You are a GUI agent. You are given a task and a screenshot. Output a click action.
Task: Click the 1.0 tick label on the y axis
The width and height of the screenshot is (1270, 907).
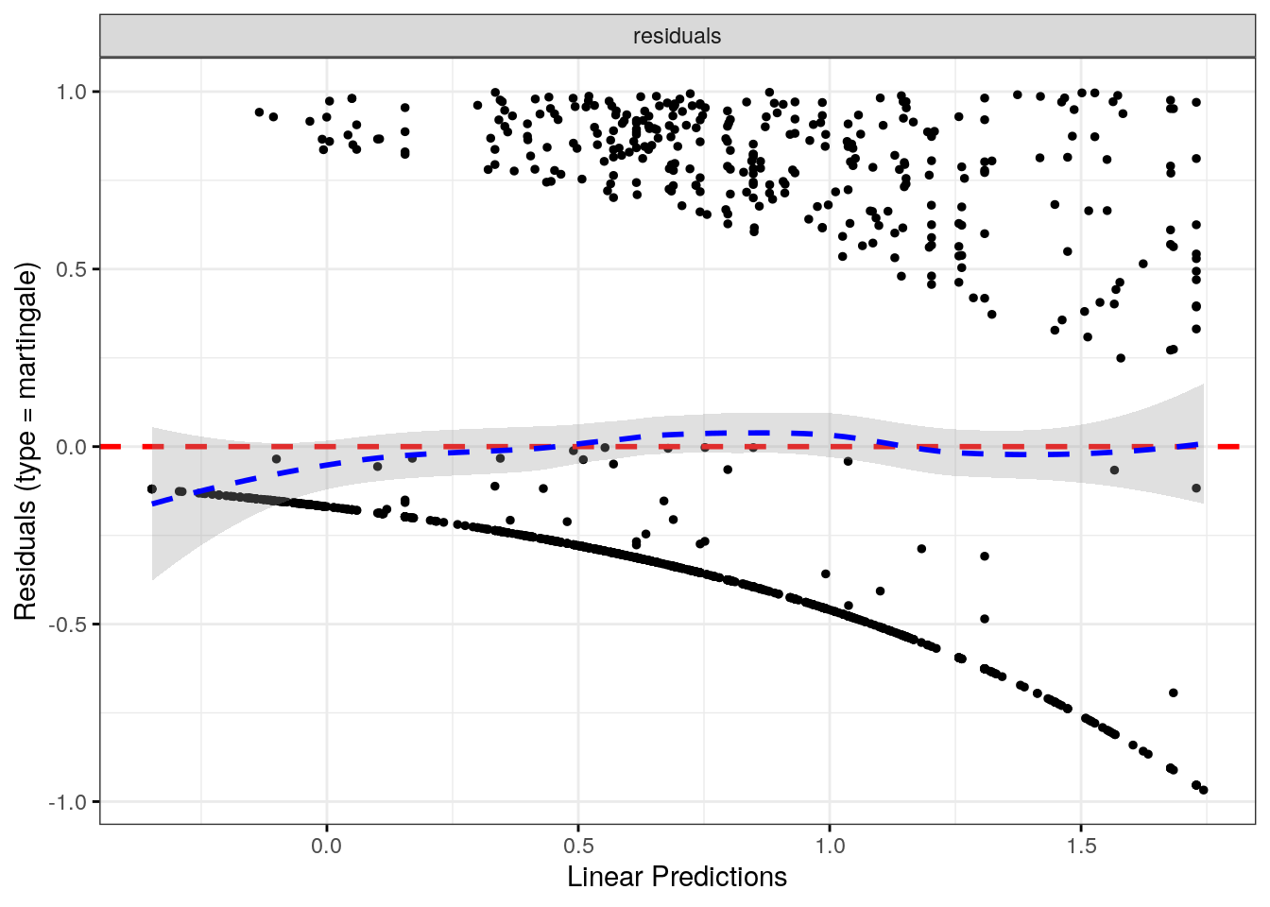(x=71, y=92)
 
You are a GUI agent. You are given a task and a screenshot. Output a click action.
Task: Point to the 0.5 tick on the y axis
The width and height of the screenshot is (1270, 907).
(x=71, y=269)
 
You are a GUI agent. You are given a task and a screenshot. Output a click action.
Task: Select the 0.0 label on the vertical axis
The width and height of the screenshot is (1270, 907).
(x=71, y=447)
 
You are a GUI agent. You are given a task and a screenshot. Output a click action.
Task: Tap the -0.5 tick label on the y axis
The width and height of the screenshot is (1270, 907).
(x=68, y=625)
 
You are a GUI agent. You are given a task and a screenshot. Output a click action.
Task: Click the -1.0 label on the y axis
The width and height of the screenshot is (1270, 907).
(x=68, y=802)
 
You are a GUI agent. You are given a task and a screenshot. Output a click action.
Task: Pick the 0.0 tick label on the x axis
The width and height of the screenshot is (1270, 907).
(x=327, y=845)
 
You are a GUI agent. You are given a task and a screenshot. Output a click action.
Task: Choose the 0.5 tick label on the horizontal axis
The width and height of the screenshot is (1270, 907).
(x=578, y=845)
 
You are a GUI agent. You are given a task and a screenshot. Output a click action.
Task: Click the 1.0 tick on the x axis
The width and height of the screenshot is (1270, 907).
(x=830, y=845)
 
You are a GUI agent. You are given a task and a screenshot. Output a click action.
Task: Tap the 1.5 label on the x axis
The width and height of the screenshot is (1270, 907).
(x=1081, y=845)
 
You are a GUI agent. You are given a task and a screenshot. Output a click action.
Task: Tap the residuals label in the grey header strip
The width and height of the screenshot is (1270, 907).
(x=677, y=36)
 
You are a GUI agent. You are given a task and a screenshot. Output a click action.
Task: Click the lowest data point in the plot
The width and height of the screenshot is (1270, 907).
(x=1203, y=790)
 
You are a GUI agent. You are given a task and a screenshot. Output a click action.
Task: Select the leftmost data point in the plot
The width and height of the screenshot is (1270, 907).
(x=152, y=488)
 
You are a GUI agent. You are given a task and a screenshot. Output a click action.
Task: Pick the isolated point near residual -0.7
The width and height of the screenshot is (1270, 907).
(x=1174, y=693)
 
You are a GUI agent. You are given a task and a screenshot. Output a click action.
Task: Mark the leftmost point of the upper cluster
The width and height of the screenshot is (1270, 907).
(x=259, y=111)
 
